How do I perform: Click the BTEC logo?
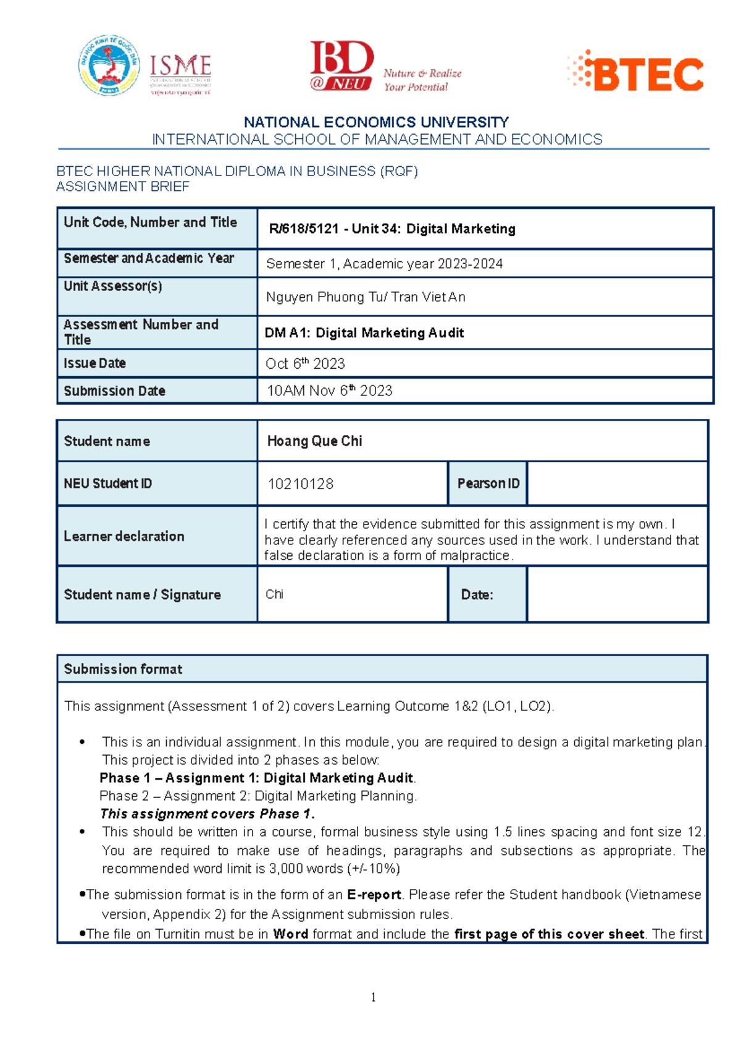tap(636, 72)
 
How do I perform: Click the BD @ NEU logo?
tap(341, 66)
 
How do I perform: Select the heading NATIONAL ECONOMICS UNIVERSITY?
tap(376, 122)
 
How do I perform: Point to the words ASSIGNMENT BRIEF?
tap(123, 187)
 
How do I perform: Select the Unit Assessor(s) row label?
tap(113, 286)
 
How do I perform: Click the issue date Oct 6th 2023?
tap(305, 364)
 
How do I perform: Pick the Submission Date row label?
tap(114, 391)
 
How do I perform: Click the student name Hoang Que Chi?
tap(314, 441)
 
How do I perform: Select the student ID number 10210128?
tap(300, 484)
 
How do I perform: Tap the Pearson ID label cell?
tap(488, 484)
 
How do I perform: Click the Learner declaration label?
tap(124, 536)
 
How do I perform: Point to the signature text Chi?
tap(274, 594)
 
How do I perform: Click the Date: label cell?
tap(477, 595)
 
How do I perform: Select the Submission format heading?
tap(123, 669)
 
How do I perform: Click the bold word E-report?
tap(374, 895)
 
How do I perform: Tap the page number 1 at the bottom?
tap(373, 997)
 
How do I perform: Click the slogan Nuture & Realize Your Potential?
tap(422, 80)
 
